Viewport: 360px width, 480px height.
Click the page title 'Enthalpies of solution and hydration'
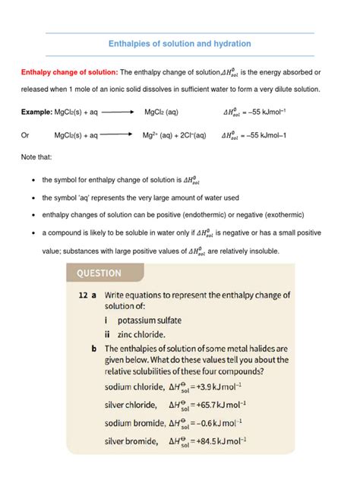click(x=180, y=44)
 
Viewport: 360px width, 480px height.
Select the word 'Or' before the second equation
click(x=25, y=136)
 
